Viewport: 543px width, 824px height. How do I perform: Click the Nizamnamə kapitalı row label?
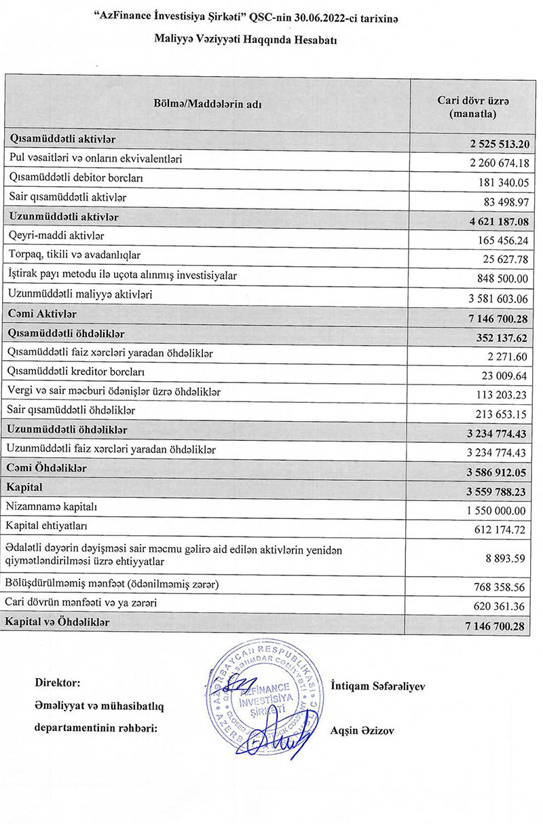[51, 506]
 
